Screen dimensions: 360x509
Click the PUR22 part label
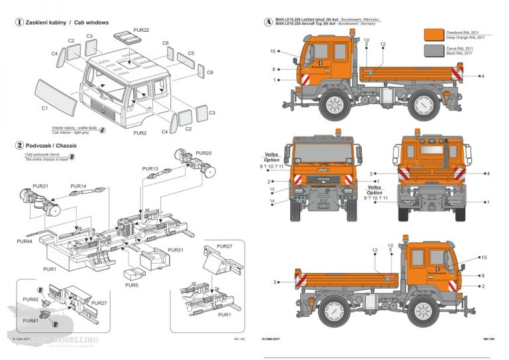pos(141,30)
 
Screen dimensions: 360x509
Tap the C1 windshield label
pos(44,107)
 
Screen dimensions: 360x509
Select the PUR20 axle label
pos(203,153)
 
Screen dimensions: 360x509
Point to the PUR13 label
pos(151,170)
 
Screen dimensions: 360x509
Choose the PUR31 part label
pos(176,250)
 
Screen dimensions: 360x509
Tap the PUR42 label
pos(30,300)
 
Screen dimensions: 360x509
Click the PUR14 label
pos(78,186)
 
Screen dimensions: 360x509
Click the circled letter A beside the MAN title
pos(267,22)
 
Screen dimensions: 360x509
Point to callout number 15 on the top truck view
pos(272,52)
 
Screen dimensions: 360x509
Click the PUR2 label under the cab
pos(139,133)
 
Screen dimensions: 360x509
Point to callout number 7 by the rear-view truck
pos(487,202)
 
